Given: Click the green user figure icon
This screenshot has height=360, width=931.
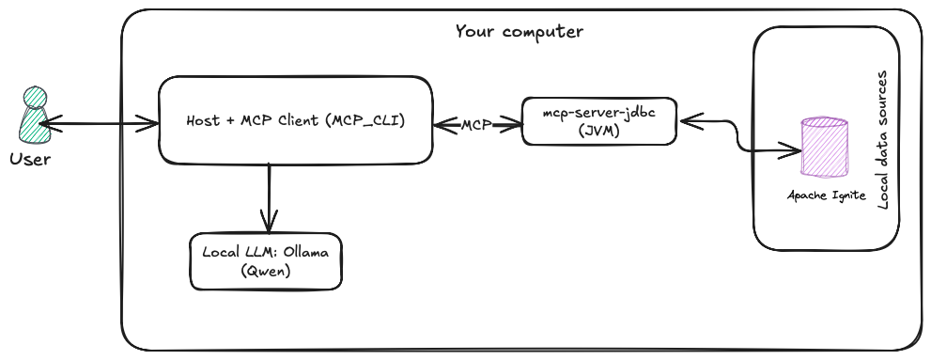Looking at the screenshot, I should click(x=31, y=115).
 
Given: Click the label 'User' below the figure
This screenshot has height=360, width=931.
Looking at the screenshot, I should click(x=30, y=159).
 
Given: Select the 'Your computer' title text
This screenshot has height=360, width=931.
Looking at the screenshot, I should click(x=519, y=32).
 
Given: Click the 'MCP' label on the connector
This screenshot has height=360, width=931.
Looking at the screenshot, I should click(x=476, y=124).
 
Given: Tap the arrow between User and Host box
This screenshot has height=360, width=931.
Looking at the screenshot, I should click(x=99, y=121).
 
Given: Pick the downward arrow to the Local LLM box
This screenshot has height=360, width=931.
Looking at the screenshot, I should click(x=269, y=197).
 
